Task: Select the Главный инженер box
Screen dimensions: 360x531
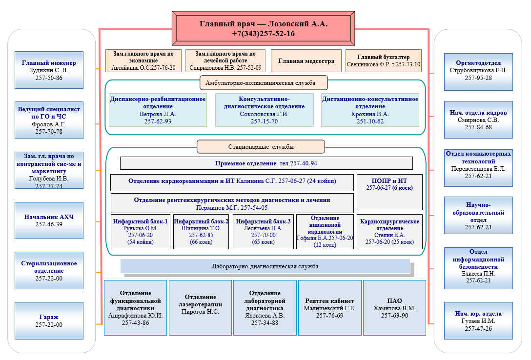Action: (49, 70)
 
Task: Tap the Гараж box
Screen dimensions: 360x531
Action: (49, 320)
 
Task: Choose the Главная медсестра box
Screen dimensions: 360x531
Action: (306, 61)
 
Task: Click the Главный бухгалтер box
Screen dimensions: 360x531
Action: (383, 60)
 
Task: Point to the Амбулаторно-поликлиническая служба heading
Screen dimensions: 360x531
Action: (264, 83)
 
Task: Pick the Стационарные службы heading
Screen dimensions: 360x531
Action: (261, 146)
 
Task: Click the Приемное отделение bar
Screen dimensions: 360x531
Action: (266, 163)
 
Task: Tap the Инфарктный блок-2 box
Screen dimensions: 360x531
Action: (201, 232)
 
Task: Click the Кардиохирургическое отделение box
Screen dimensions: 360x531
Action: (389, 232)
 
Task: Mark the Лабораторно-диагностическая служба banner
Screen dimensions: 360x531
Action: (265, 266)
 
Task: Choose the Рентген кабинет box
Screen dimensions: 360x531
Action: (330, 308)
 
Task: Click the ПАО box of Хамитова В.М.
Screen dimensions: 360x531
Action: (394, 308)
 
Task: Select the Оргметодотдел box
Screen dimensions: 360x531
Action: (478, 70)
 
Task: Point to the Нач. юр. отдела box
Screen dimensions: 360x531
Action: (478, 320)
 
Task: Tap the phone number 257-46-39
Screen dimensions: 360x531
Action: (49, 224)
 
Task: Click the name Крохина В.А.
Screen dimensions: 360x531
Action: (370, 114)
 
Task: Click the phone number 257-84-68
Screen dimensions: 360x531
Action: (478, 127)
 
